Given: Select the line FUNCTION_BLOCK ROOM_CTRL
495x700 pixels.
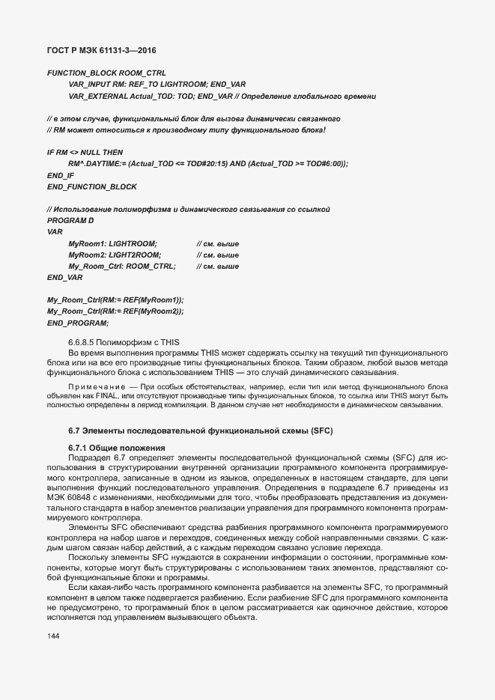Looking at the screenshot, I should [x=95, y=73].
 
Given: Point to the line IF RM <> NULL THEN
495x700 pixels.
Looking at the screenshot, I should [x=85, y=152].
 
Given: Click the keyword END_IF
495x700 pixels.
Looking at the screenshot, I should [x=60, y=174].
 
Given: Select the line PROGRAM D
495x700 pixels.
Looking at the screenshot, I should [x=70, y=222].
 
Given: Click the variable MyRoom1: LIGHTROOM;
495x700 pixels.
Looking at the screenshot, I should [x=112, y=244].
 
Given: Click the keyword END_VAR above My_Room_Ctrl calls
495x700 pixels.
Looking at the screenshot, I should [x=64, y=277].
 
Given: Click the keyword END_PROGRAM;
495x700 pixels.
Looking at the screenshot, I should [x=77, y=322].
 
